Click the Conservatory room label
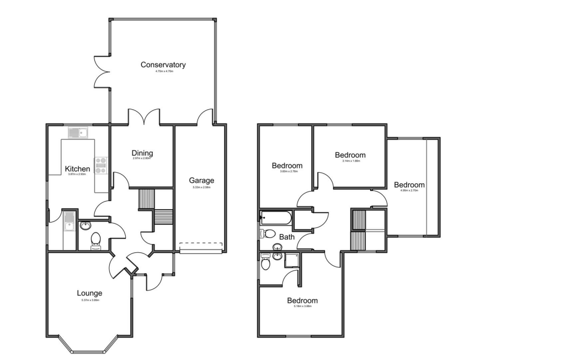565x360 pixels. tap(163, 65)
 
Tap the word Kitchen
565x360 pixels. tap(77, 168)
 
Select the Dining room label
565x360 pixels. tap(142, 153)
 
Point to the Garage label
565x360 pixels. tap(201, 181)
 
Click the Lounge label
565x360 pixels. tap(89, 293)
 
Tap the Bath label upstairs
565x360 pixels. tap(287, 237)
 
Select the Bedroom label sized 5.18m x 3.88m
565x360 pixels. tap(302, 300)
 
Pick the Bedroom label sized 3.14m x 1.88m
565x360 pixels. tap(350, 155)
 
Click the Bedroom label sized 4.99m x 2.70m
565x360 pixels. tap(409, 184)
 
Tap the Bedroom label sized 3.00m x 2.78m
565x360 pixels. tap(287, 166)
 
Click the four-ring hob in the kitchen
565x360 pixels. tap(101, 166)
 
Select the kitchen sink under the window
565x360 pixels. tap(77, 132)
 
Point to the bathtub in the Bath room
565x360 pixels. tap(276, 218)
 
